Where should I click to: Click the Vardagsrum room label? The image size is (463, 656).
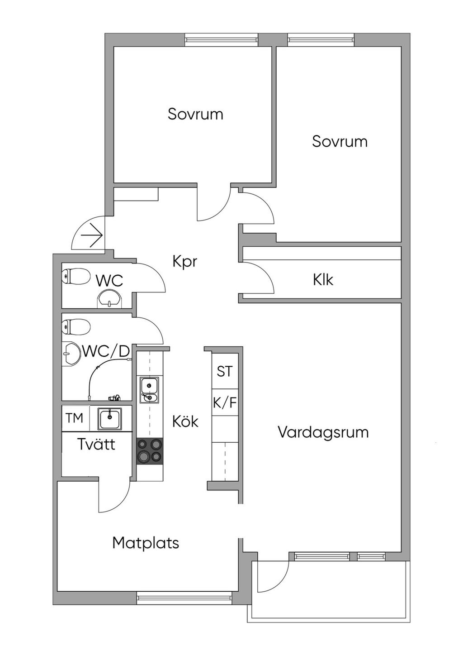pyautogui.click(x=323, y=433)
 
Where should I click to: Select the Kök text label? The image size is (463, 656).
pyautogui.click(x=185, y=421)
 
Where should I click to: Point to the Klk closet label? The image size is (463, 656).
pyautogui.click(x=323, y=280)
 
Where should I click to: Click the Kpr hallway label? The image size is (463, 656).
pyautogui.click(x=185, y=261)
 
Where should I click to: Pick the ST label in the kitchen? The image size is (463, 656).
pyautogui.click(x=224, y=371)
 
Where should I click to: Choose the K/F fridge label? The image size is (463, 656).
pyautogui.click(x=224, y=403)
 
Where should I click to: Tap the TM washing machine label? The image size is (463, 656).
pyautogui.click(x=74, y=418)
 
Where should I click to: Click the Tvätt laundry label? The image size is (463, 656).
pyautogui.click(x=96, y=444)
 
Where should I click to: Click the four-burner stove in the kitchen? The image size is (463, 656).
pyautogui.click(x=150, y=450)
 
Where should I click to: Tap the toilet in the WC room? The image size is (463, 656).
pyautogui.click(x=76, y=276)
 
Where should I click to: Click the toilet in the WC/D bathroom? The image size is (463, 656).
pyautogui.click(x=76, y=326)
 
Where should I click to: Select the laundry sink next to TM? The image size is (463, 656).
pyautogui.click(x=110, y=419)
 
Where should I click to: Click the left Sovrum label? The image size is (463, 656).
pyautogui.click(x=195, y=114)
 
